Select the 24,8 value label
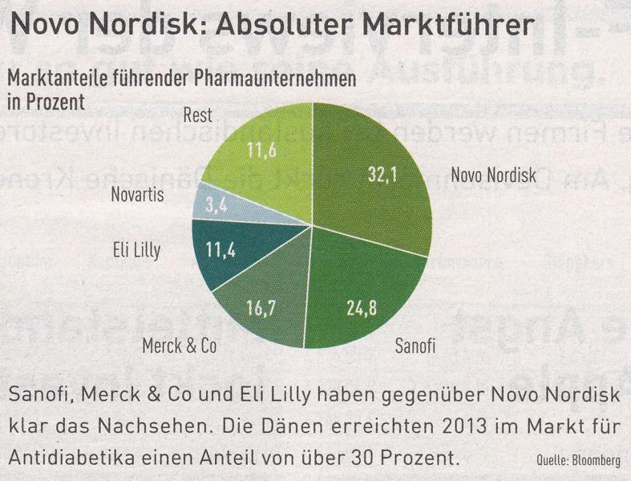click(x=361, y=308)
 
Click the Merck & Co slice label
click(x=179, y=347)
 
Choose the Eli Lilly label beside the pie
click(x=133, y=251)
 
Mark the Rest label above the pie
click(x=197, y=115)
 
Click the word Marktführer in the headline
click(x=447, y=25)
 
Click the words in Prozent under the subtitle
click(x=46, y=103)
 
